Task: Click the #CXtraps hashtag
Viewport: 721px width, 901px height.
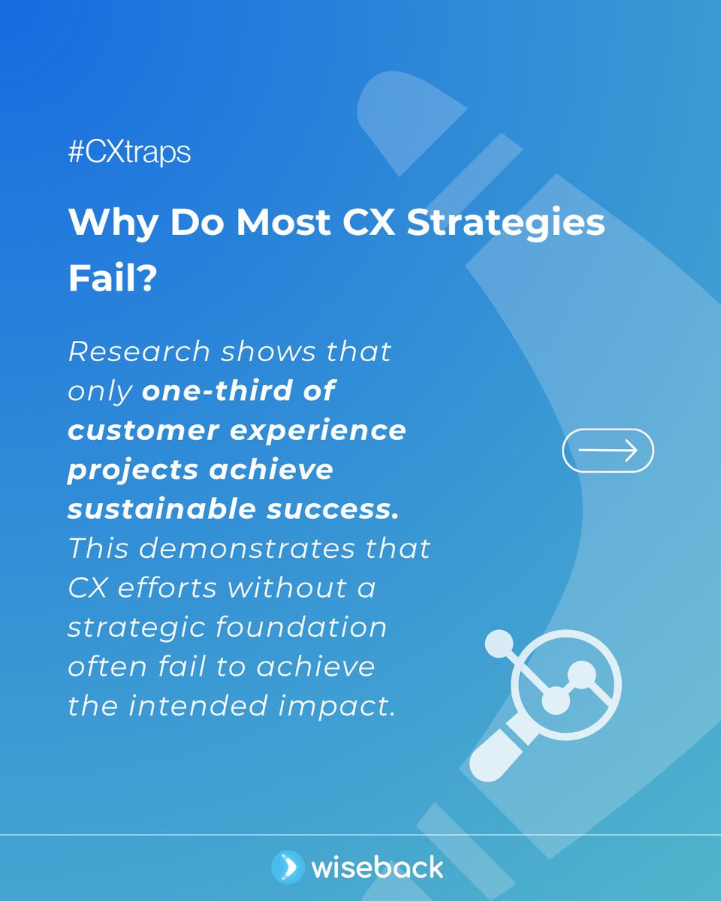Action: (129, 153)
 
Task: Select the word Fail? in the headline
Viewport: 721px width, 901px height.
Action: (112, 279)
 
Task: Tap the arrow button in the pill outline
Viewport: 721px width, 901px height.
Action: (608, 450)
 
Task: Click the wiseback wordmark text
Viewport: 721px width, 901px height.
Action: (377, 868)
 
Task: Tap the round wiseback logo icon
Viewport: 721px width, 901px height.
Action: (288, 867)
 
